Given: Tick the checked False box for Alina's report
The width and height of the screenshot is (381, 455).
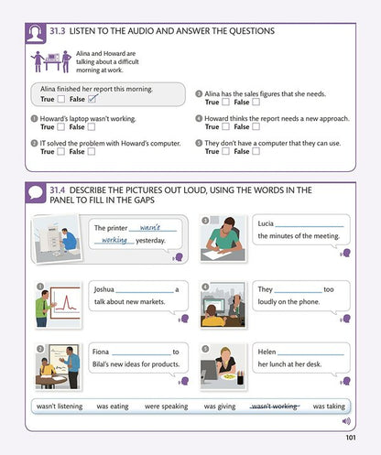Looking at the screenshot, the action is pyautogui.click(x=92, y=99).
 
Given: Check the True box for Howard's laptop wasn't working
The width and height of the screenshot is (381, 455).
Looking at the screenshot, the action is pyautogui.click(x=61, y=126).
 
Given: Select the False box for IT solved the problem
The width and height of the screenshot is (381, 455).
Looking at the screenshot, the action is pyautogui.click(x=92, y=151).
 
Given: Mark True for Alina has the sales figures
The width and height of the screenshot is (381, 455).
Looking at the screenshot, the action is pyautogui.click(x=225, y=102).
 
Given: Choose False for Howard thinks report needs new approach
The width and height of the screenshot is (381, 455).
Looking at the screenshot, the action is pyautogui.click(x=256, y=126).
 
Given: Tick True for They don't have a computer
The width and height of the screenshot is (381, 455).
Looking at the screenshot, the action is pyautogui.click(x=225, y=151).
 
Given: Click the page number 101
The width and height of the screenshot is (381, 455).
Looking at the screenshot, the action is pyautogui.click(x=351, y=438).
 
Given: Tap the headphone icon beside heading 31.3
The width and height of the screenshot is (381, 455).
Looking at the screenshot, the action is pyautogui.click(x=36, y=33).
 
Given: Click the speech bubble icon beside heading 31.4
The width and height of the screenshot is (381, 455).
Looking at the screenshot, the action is pyautogui.click(x=36, y=193).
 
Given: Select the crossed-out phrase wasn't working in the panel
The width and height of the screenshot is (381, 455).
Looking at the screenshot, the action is pyautogui.click(x=275, y=406).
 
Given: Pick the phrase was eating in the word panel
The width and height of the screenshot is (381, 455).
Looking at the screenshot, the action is pyautogui.click(x=113, y=406).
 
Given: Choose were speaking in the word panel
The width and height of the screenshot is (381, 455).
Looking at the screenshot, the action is pyautogui.click(x=167, y=406).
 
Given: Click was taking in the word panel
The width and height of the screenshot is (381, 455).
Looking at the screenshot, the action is pyautogui.click(x=329, y=406).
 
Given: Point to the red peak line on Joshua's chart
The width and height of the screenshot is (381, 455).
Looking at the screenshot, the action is pyautogui.click(x=66, y=303).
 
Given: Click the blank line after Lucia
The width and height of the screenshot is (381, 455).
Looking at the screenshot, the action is pyautogui.click(x=310, y=226).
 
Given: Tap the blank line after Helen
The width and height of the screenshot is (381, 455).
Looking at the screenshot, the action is pyautogui.click(x=310, y=354).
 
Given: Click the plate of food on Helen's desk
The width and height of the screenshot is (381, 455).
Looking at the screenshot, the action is pyautogui.click(x=229, y=377).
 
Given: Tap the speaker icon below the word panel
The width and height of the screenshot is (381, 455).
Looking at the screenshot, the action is pyautogui.click(x=346, y=421).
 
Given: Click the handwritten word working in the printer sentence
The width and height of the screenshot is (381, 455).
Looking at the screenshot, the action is pyautogui.click(x=114, y=240).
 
